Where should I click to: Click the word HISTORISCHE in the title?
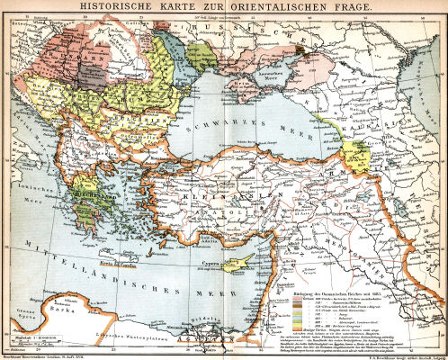[127, 7]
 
